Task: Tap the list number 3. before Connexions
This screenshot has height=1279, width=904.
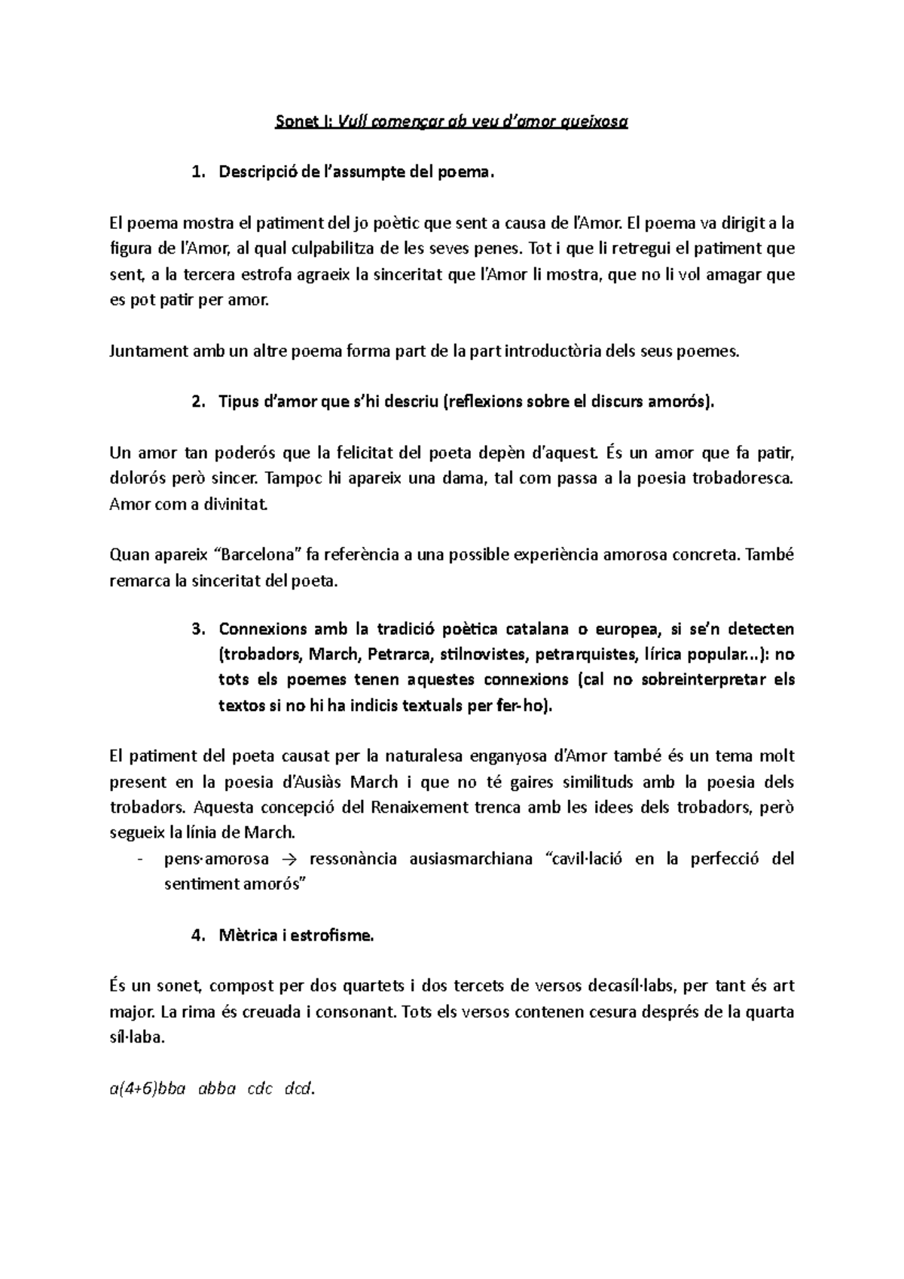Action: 198,629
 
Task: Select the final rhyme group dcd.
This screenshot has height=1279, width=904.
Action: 298,1089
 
